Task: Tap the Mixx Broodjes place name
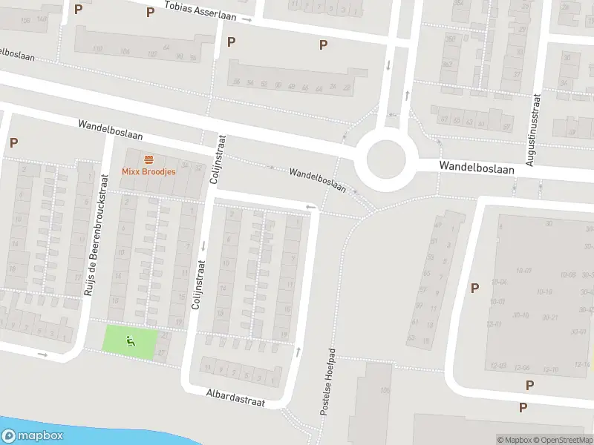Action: click(x=148, y=171)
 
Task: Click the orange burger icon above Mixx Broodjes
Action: click(x=148, y=159)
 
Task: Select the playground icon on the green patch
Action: click(x=131, y=341)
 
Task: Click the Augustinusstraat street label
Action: click(x=531, y=128)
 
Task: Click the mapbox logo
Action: click(x=33, y=436)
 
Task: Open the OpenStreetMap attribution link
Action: click(x=561, y=440)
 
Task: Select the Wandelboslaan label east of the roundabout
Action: click(x=476, y=169)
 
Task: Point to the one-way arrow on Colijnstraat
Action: click(x=201, y=245)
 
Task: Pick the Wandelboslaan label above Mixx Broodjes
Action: click(x=110, y=131)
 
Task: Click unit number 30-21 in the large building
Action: click(x=550, y=317)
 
